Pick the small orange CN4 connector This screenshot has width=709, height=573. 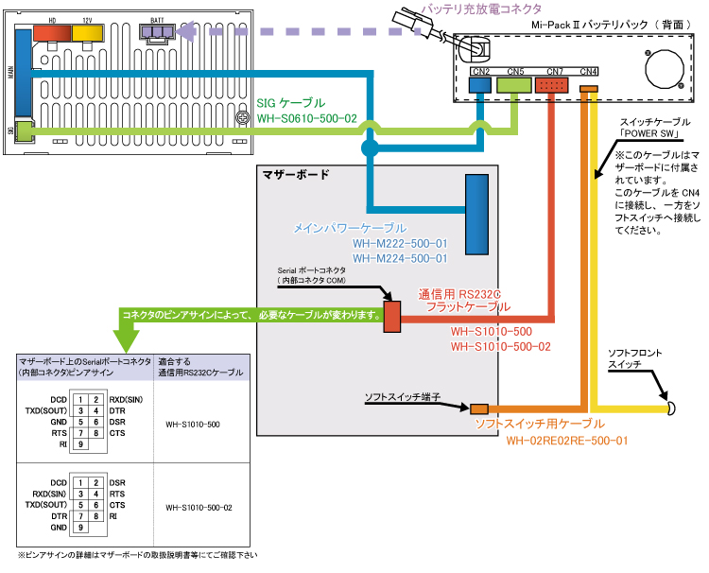[x=589, y=89]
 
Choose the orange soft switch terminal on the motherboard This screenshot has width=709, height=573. [x=479, y=408]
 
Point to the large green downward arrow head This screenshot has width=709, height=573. [x=125, y=337]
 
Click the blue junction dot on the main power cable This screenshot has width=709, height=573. [x=369, y=148]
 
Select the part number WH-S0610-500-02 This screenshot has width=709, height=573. [x=306, y=119]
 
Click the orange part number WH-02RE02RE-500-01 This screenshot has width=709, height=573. [x=566, y=440]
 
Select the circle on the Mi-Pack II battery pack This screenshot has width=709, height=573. [x=666, y=67]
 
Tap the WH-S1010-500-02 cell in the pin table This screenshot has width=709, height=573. [x=199, y=507]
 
